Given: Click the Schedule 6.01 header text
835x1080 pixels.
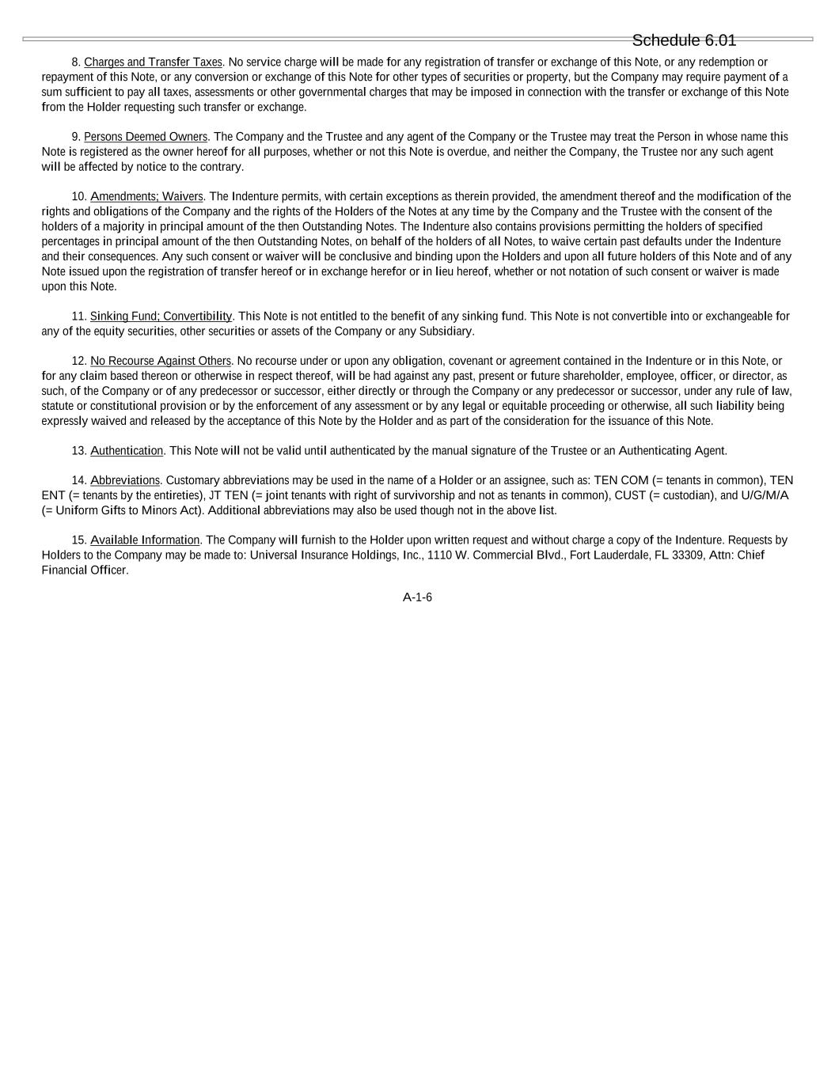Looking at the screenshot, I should (x=684, y=40).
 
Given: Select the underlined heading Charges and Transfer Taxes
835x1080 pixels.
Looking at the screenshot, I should (x=153, y=63).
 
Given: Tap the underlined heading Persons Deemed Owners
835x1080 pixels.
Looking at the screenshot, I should (x=146, y=137).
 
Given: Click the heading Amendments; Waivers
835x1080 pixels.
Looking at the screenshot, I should (x=146, y=196).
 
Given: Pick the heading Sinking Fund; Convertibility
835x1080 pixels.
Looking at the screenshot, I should (x=161, y=316).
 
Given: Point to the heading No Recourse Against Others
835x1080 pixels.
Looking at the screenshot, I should (x=161, y=361).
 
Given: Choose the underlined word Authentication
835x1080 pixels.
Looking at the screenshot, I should (x=127, y=451).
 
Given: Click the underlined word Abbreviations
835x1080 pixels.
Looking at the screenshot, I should (x=125, y=480).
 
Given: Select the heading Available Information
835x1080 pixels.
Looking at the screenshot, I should (x=145, y=540).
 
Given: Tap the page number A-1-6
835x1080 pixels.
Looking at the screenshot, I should (x=417, y=597).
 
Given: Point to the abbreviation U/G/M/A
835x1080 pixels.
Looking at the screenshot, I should (x=765, y=495).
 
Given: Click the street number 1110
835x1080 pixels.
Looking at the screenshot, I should (x=440, y=555).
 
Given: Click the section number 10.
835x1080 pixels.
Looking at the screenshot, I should (x=78, y=196).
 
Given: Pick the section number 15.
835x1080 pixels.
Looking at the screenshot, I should (x=78, y=540).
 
